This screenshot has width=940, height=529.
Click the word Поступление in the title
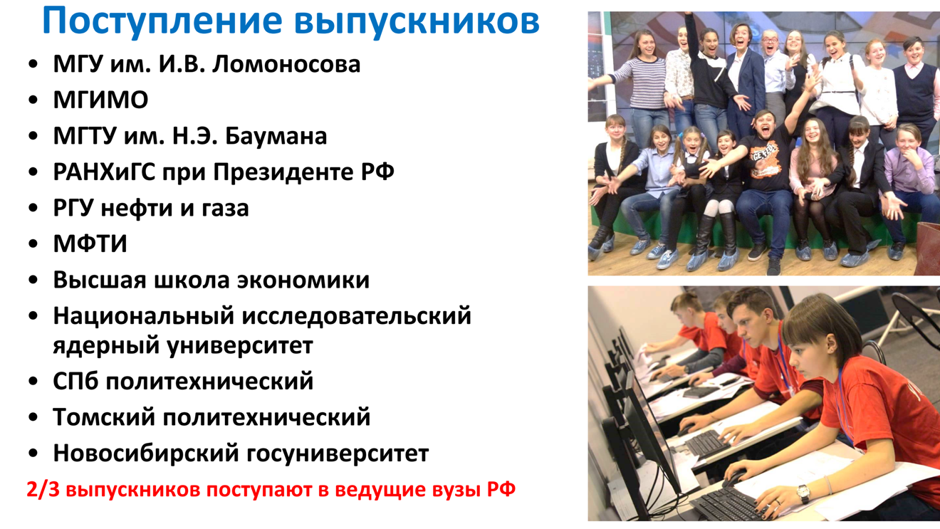162,21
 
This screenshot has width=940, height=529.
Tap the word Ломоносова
286,65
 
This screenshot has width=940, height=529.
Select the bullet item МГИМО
100,100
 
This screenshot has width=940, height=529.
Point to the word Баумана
276,136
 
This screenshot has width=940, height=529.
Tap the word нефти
137,208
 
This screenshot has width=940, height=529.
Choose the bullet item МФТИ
90,243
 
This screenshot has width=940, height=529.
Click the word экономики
303,281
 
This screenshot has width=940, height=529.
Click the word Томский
104,417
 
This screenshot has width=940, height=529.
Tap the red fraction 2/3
43,490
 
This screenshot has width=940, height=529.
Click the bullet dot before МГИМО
33,100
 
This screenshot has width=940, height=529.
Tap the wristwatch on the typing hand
803,493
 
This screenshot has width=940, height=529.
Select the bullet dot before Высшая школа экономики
33,281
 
